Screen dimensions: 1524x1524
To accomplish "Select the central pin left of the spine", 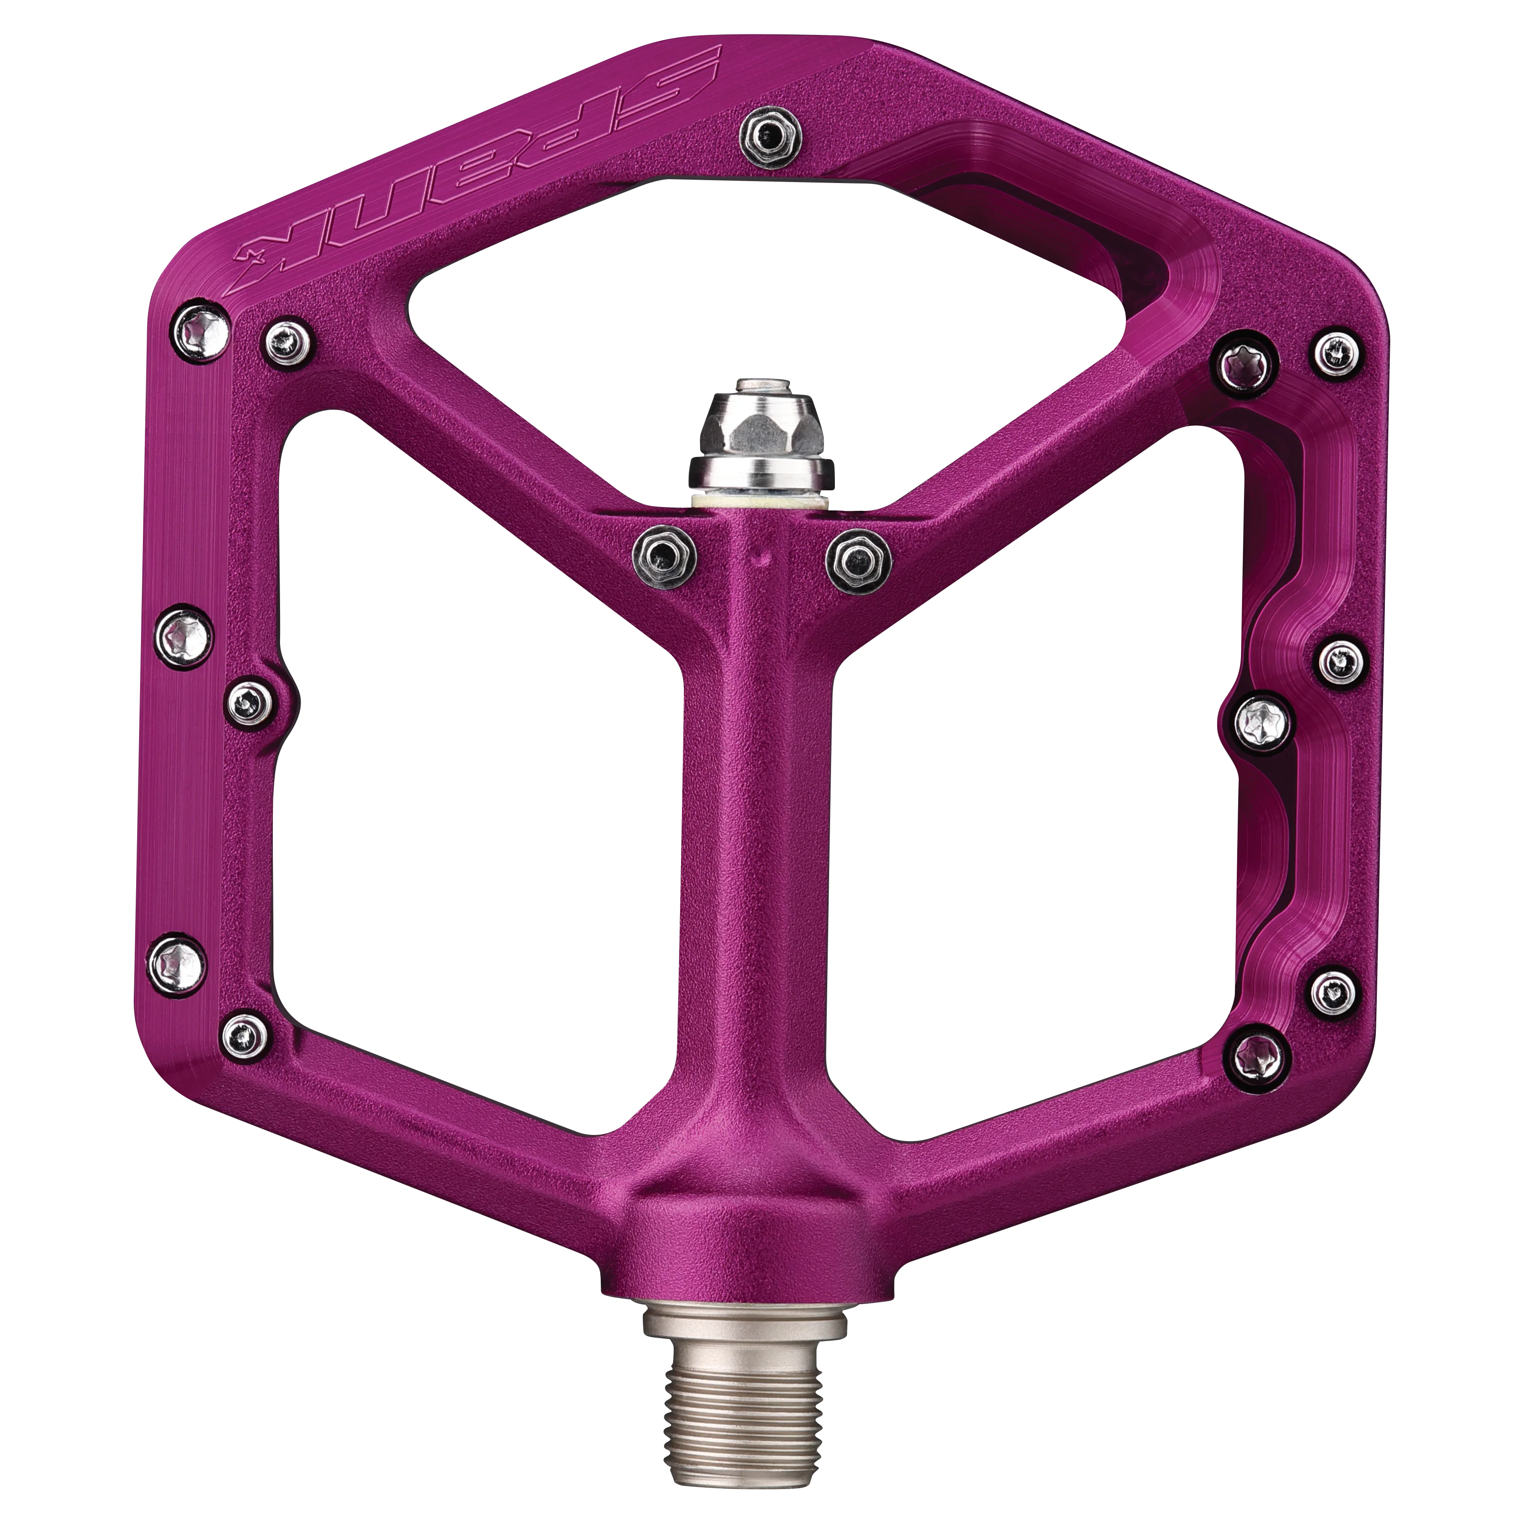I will click(664, 557).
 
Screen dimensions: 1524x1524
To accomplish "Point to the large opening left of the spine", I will click(473, 789).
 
